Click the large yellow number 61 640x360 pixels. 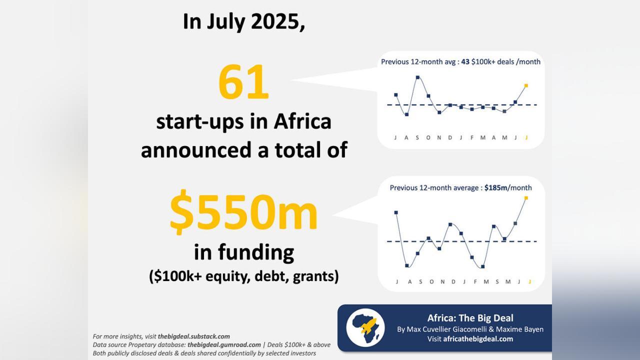pyautogui.click(x=243, y=83)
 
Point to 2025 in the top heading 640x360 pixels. pyautogui.click(x=277, y=21)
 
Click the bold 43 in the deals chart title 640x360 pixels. pyautogui.click(x=465, y=62)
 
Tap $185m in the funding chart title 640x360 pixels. pyautogui.click(x=495, y=188)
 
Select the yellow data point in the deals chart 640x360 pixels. pyautogui.click(x=526, y=85)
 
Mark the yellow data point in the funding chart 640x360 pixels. pyautogui.click(x=526, y=198)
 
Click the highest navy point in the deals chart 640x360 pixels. pyautogui.click(x=417, y=77)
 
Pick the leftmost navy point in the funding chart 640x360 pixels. pyautogui.click(x=396, y=212)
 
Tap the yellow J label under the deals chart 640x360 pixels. pyautogui.click(x=526, y=137)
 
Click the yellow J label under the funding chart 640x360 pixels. pyautogui.click(x=529, y=281)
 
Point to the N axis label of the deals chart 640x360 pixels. pyautogui.click(x=439, y=137)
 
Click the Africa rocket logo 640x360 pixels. pyautogui.click(x=365, y=327)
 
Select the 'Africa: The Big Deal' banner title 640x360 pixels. pyautogui.click(x=470, y=318)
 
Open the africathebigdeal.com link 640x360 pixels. pyautogui.click(x=478, y=339)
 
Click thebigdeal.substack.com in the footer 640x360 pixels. pyautogui.click(x=194, y=336)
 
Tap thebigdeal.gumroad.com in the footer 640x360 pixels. pyautogui.click(x=224, y=344)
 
